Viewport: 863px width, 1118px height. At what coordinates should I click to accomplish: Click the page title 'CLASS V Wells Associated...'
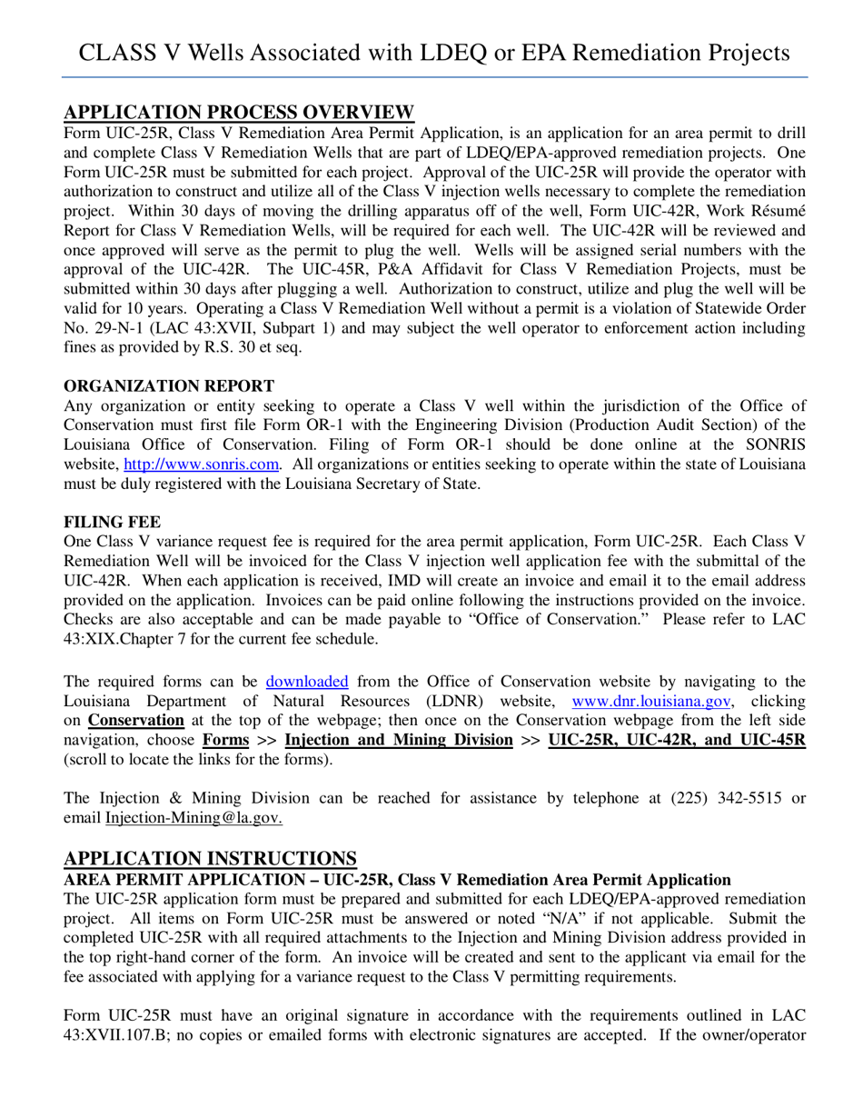tap(434, 52)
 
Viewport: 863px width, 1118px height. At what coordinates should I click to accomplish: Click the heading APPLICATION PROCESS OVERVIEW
tap(239, 113)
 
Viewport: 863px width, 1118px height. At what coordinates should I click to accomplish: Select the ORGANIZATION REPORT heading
tap(169, 385)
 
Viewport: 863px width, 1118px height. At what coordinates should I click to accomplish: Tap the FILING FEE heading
tap(112, 522)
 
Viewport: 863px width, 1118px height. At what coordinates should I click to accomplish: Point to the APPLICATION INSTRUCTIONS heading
tap(210, 859)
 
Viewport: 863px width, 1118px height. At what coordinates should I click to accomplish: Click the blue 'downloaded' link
tap(307, 681)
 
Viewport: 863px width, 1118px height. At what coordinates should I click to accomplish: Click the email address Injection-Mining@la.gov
tap(193, 818)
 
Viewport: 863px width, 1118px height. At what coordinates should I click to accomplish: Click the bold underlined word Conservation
tap(135, 720)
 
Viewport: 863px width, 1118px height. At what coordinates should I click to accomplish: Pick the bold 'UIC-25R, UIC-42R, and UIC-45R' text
tap(677, 740)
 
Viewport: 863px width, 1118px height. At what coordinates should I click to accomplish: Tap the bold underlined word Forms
tap(225, 740)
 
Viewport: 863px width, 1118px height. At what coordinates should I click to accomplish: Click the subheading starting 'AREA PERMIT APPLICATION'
tap(397, 880)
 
